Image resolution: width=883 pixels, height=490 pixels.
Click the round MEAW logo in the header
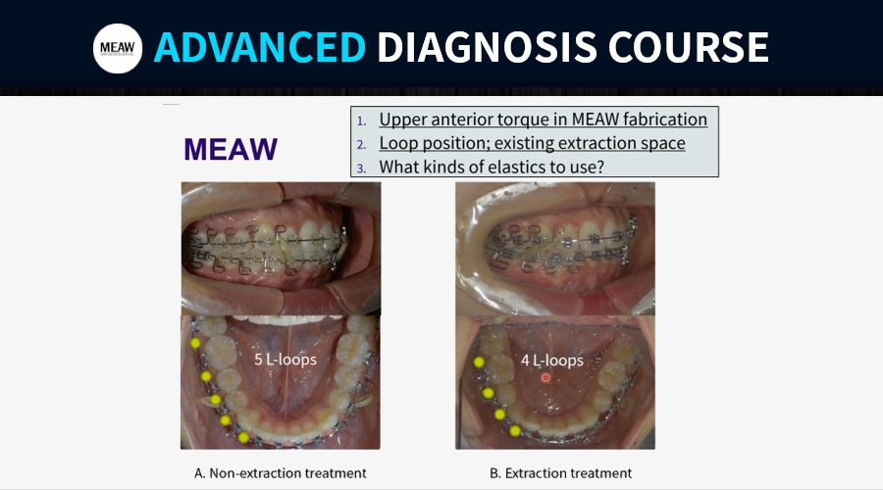(118, 48)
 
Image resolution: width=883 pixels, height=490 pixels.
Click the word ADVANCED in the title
(260, 47)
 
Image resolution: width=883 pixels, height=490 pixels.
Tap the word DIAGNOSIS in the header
(487, 47)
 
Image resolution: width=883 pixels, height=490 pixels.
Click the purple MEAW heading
(231, 149)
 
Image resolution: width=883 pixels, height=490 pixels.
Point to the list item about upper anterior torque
(543, 120)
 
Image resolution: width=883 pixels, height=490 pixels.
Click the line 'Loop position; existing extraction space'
(532, 143)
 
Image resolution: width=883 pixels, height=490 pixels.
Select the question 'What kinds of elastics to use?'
(492, 167)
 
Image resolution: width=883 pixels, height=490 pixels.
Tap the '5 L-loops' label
(286, 359)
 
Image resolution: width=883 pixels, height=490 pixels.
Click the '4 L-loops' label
(551, 360)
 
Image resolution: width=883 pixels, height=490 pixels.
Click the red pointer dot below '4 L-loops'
(545, 377)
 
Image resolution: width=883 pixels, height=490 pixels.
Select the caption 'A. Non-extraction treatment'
(280, 473)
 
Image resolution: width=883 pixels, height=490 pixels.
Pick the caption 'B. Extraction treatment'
(560, 473)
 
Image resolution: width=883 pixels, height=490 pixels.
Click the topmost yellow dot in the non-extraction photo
(195, 343)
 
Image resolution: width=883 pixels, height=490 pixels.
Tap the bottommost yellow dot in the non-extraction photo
(243, 437)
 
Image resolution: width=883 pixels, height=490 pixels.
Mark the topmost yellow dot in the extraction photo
(479, 363)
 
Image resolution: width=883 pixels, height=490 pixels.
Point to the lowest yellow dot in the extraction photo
(515, 431)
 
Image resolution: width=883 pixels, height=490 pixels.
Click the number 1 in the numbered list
(361, 121)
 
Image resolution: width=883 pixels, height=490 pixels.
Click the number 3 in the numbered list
(361, 169)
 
